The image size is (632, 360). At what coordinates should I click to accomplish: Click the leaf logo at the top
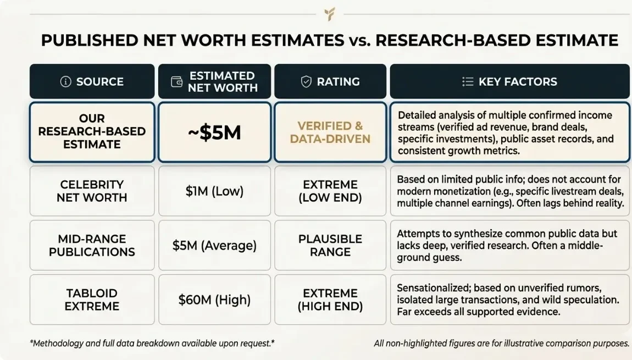pos(330,14)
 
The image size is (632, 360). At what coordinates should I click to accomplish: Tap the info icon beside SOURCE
pos(66,82)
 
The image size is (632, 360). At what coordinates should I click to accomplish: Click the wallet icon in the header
pos(177,82)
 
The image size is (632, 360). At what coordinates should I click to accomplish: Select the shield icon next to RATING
pos(306,82)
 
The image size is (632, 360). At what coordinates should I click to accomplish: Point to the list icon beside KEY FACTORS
pos(468,82)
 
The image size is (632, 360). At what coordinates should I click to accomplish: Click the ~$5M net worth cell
pos(214,132)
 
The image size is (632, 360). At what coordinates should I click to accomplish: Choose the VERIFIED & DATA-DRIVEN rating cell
pos(330,132)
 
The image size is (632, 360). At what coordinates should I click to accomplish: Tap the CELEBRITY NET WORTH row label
pos(92,191)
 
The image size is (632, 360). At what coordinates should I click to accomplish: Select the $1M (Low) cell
pos(214,191)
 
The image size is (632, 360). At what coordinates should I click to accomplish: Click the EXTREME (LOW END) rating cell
pos(330,191)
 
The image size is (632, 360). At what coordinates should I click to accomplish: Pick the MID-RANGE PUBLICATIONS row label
pos(92,245)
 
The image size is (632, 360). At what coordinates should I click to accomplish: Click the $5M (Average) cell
pos(214,245)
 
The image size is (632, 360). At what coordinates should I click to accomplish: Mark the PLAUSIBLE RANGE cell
pos(330,245)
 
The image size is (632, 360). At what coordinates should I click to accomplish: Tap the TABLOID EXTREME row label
pos(92,300)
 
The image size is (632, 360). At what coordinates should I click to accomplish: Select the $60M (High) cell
pos(214,300)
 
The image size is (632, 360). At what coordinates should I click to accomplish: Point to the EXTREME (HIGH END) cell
pos(330,300)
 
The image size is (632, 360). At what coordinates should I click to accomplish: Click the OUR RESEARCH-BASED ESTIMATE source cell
pos(92,131)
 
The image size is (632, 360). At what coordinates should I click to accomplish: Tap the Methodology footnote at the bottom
pos(152,343)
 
